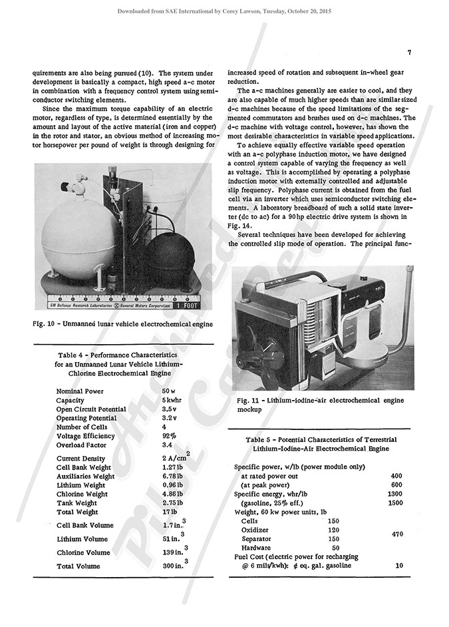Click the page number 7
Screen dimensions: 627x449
(x=410, y=53)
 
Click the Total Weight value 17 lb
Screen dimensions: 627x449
(x=170, y=512)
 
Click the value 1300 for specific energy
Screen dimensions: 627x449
(x=395, y=493)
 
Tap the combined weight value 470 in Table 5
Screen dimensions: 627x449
(x=397, y=534)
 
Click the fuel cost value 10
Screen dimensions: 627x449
(x=399, y=566)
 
